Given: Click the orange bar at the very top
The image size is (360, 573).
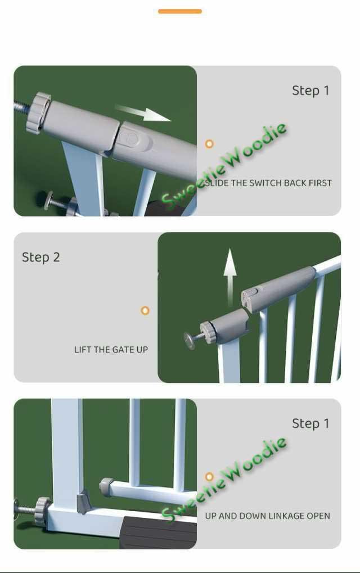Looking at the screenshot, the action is coord(180,11).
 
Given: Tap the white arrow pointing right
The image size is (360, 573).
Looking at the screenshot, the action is coord(142,112).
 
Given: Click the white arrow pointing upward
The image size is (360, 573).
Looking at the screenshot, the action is coord(230,277).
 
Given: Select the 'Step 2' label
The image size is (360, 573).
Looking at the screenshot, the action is coord(41,258).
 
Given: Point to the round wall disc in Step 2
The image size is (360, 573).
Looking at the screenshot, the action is coord(190,341).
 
